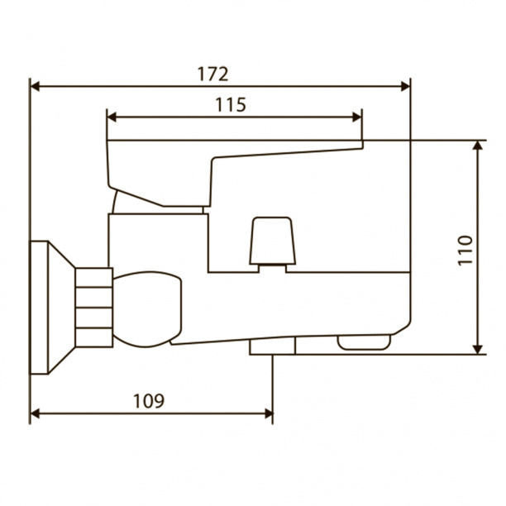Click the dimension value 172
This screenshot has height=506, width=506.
[x=212, y=74]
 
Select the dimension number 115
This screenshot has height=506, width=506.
[x=231, y=104]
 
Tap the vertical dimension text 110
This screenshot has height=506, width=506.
[x=465, y=251]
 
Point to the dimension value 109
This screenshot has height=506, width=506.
[x=149, y=401]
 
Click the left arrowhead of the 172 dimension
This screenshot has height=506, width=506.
[x=35, y=87]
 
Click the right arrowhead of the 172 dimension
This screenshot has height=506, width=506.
[x=405, y=87]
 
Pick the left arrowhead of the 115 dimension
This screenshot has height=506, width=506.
[x=112, y=117]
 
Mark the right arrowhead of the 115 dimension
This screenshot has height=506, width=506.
[x=357, y=117]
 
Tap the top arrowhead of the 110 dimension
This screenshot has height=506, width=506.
[x=478, y=146]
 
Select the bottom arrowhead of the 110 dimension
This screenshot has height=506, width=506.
[x=478, y=350]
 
